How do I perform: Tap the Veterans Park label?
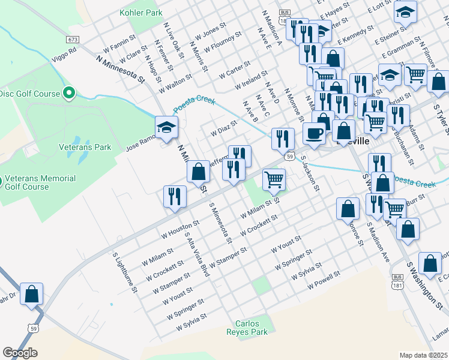85,146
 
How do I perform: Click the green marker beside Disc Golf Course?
69,93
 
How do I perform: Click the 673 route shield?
73,38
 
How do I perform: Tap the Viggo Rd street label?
65,51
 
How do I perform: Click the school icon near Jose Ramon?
166,128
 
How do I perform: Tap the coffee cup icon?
313,133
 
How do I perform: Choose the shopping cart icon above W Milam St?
274,178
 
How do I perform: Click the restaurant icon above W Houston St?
175,196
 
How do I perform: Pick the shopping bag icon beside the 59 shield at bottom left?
31,294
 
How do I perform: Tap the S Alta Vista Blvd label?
197,254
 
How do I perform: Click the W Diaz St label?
223,128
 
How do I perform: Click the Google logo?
20,353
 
